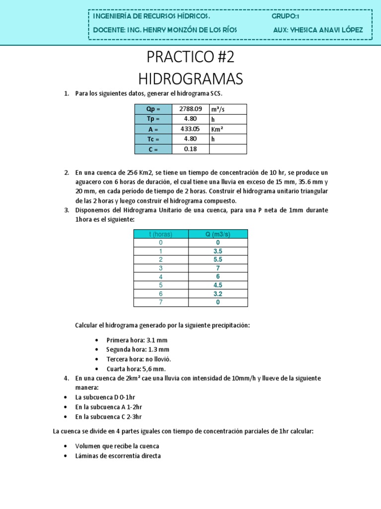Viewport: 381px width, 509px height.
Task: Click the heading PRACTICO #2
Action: (190, 58)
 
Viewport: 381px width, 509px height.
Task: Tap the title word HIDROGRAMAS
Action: (190, 79)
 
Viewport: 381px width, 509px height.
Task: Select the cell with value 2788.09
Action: (190, 109)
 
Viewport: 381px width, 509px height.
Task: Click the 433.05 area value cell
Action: (190, 129)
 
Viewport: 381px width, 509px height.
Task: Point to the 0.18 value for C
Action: (190, 149)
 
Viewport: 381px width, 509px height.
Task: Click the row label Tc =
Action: (153, 139)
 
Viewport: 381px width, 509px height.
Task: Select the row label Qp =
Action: (153, 109)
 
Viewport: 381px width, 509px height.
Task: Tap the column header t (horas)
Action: (161, 234)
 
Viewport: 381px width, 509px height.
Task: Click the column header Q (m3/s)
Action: (217, 234)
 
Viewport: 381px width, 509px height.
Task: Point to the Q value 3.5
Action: (217, 251)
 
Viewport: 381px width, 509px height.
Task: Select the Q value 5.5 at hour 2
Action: (217, 259)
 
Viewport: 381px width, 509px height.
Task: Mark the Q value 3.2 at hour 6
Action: (217, 294)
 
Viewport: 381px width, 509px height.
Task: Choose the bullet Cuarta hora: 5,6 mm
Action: (135, 369)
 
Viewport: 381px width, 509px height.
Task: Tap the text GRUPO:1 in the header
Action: (285, 16)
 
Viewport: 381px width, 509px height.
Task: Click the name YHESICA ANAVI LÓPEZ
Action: (318, 30)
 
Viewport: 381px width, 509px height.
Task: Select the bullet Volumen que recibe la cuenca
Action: (117, 446)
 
